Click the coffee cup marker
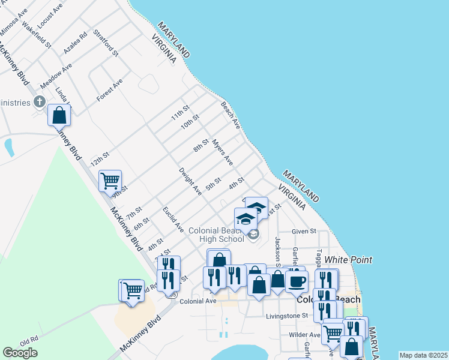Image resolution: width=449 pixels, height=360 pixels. tap(297, 281)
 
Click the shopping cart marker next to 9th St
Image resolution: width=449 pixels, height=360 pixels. tap(110, 180)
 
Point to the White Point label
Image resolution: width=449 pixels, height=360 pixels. tap(348, 260)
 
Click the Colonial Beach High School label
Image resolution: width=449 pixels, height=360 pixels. tap(216, 235)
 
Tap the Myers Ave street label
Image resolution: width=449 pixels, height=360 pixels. tap(223, 153)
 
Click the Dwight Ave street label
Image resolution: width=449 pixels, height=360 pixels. tap(190, 181)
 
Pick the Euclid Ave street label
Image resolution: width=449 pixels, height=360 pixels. tap(173, 220)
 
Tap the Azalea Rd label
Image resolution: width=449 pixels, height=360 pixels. tap(76, 42)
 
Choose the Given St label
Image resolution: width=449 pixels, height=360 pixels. tap(304, 231)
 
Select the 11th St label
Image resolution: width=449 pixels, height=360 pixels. tap(180, 112)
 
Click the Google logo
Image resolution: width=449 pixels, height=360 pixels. tap(20, 353)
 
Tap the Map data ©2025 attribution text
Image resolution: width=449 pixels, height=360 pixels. tap(423, 355)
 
